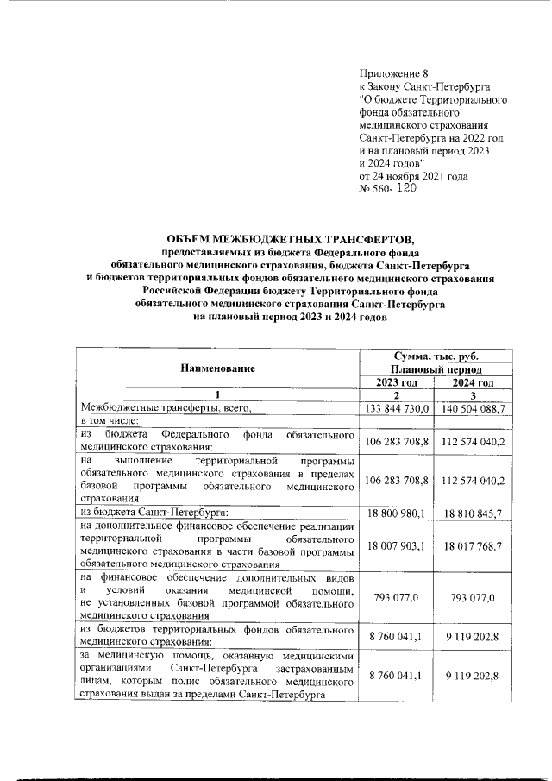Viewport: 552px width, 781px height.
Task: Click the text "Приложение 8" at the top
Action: (x=392, y=74)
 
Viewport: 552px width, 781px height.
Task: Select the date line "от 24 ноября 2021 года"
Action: (x=413, y=176)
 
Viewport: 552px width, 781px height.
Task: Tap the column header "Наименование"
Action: (x=217, y=368)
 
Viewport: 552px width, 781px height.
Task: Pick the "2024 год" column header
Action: (x=474, y=382)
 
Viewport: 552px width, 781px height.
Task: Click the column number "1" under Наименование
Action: (x=217, y=395)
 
